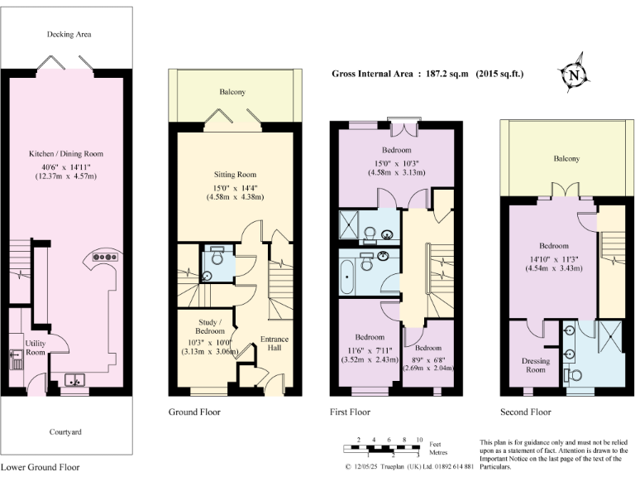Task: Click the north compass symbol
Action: [x=572, y=75]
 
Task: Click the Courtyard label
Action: [x=66, y=431]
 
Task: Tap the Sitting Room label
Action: [x=236, y=175]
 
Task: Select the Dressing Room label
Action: [x=536, y=365]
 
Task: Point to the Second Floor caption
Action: [x=525, y=412]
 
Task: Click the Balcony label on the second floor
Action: [x=566, y=158]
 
